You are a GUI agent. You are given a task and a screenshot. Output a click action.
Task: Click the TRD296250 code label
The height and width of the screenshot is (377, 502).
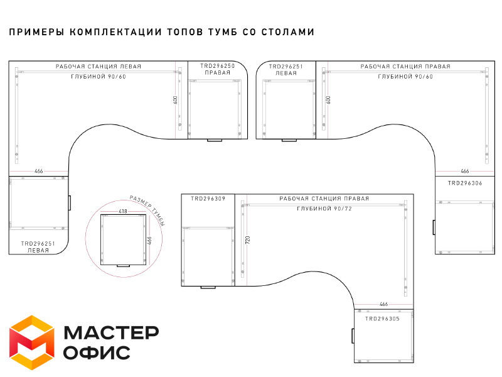point(217,66)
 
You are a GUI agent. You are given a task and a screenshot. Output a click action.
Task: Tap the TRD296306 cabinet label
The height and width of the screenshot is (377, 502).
point(465,183)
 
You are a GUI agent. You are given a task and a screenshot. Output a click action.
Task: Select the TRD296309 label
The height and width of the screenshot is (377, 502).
point(208,199)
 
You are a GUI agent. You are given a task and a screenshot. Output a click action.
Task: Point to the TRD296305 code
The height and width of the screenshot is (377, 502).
point(382,319)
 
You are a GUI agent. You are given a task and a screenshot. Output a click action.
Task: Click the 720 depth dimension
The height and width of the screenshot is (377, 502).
point(247,240)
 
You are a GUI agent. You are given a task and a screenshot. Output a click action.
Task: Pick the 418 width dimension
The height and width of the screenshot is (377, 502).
point(123,211)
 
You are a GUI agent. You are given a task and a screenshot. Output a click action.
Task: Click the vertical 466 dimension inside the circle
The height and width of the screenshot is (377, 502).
point(149,241)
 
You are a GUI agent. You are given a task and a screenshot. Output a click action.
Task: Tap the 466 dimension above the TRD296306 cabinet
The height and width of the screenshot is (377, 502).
point(464,171)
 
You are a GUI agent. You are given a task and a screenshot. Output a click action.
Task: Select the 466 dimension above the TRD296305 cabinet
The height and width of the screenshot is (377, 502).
point(383,304)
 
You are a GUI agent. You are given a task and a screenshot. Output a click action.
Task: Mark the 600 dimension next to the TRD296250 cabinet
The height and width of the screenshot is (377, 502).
point(176,100)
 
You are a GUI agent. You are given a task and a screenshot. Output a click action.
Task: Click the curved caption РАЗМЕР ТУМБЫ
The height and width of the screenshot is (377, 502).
point(148,210)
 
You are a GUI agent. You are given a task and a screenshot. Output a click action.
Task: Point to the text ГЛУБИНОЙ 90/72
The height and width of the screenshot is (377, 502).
point(324,209)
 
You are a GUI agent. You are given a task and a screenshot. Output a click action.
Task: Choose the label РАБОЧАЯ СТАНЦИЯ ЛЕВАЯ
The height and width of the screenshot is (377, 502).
point(99,67)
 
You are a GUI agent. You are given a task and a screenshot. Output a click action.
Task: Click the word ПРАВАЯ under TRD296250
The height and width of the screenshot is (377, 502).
point(217,73)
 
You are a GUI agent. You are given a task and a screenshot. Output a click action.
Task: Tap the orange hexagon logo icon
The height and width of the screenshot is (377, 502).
point(32,342)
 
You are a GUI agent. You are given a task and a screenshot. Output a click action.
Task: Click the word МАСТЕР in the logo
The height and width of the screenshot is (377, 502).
point(112,332)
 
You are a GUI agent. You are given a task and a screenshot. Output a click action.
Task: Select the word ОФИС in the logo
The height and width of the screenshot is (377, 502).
point(97,352)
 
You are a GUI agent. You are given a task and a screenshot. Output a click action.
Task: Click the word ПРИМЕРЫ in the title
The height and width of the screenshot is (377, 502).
point(36,32)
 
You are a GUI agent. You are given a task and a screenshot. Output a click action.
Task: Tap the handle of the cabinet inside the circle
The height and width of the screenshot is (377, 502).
point(123,266)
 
